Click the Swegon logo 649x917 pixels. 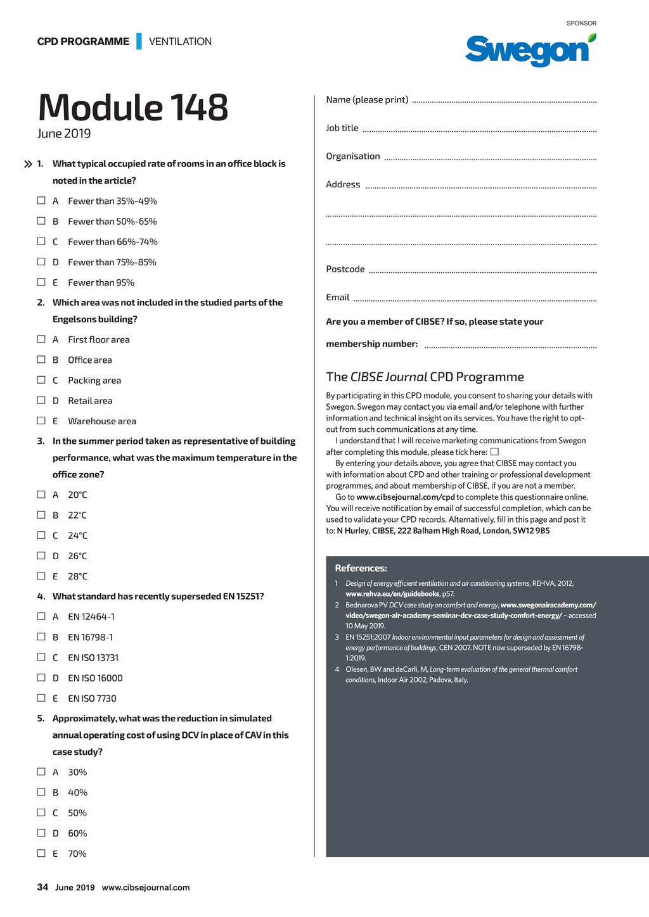pyautogui.click(x=530, y=50)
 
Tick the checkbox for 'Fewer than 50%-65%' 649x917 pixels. pyautogui.click(x=41, y=221)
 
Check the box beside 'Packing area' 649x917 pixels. pyautogui.click(x=41, y=380)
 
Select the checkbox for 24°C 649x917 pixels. pyautogui.click(x=41, y=535)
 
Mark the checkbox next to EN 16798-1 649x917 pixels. pyautogui.click(x=41, y=636)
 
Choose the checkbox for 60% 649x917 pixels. pyautogui.click(x=41, y=833)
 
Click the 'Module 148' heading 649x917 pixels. pyautogui.click(x=133, y=107)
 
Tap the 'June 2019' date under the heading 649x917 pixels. pyautogui.click(x=64, y=134)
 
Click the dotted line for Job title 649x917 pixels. pyautogui.click(x=479, y=130)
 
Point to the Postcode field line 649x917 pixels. pyautogui.click(x=482, y=272)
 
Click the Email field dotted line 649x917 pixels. pyautogui.click(x=475, y=300)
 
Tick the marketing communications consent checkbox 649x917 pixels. pyautogui.click(x=495, y=452)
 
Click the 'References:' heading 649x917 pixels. pyautogui.click(x=361, y=568)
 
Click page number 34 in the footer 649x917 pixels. pyautogui.click(x=42, y=887)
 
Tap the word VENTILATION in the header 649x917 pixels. pyautogui.click(x=180, y=42)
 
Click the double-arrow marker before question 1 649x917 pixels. pyautogui.click(x=28, y=165)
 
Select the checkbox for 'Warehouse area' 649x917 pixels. pyautogui.click(x=41, y=421)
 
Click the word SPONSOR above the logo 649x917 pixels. pyautogui.click(x=581, y=23)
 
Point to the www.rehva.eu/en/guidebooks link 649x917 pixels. pyautogui.click(x=392, y=594)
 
